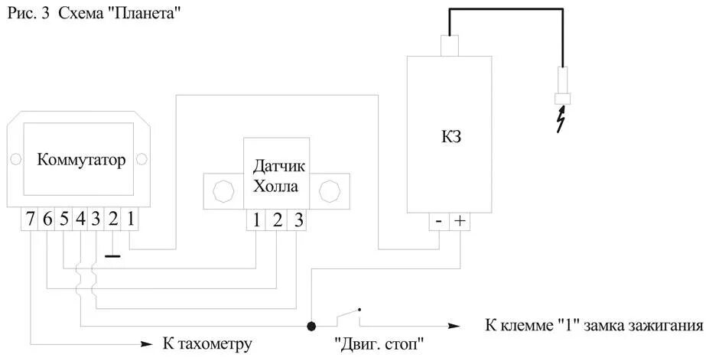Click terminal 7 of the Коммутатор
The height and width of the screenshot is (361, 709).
pyautogui.click(x=30, y=219)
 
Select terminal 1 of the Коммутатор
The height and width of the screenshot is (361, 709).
pyautogui.click(x=131, y=219)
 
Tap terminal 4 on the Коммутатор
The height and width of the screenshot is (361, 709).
pyautogui.click(x=80, y=219)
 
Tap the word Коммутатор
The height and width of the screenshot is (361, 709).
pyautogui.click(x=80, y=161)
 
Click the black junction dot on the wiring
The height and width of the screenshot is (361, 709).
pyautogui.click(x=311, y=326)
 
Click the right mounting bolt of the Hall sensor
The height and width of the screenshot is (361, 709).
pyautogui.click(x=330, y=189)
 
